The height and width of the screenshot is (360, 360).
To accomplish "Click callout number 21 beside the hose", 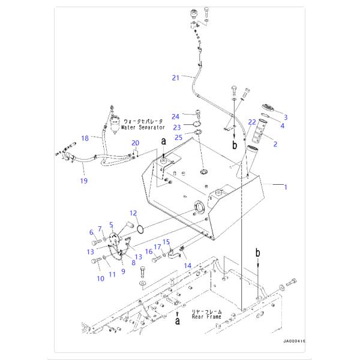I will point(176,77).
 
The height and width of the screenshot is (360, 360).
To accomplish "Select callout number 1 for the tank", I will point(286,187).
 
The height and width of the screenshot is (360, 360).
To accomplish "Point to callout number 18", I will point(86,138).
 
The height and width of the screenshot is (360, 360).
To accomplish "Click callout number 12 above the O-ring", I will point(133,213).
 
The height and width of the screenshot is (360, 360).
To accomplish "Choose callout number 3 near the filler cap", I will point(286,117).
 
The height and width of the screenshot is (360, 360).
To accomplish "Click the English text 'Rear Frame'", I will point(206,317).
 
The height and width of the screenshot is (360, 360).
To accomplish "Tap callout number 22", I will point(252,123).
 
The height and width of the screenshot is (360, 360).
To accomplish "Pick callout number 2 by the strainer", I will point(275,144).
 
